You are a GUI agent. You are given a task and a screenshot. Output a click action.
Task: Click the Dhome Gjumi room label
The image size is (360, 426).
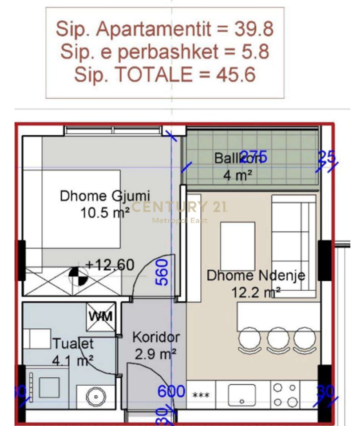pos(105,196)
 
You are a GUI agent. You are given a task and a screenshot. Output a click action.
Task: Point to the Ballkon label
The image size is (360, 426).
pos(234,158)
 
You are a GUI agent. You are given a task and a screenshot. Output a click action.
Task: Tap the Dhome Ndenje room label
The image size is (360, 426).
pos(256,276)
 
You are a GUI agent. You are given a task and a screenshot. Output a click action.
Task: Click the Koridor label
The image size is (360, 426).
pos(156,337)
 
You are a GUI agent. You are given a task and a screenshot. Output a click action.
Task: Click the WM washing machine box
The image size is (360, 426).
pos(101,317)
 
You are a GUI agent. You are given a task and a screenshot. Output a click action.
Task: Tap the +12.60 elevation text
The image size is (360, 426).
pos(110,265)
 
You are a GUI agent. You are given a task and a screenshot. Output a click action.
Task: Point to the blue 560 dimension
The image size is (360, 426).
pos(163,272)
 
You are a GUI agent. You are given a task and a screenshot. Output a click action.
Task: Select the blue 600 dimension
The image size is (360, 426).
pos(171,391)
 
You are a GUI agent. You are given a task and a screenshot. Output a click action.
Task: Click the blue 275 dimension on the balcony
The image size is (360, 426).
pos(253,157)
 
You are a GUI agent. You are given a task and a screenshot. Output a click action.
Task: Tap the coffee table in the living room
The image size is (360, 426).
pos(237,240)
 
